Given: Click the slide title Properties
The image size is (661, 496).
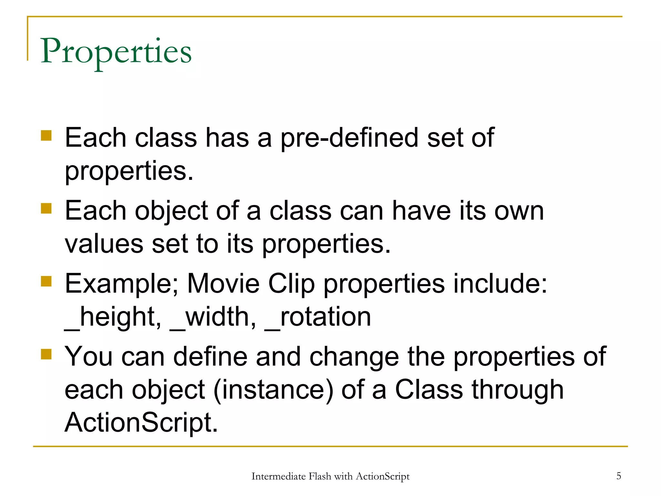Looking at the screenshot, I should click(116, 52).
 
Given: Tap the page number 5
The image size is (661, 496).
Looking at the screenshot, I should click(619, 476).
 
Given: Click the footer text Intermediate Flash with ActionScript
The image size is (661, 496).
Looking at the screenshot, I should click(330, 476).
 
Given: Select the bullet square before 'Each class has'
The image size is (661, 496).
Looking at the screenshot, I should click(46, 136).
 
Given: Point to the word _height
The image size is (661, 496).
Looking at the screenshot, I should click(113, 317).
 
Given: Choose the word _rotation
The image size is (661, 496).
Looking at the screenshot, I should click(318, 317).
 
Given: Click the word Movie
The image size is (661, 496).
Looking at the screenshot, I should click(223, 284).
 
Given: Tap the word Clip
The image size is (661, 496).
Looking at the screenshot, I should click(291, 284).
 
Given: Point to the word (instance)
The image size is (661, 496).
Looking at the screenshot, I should click(273, 390).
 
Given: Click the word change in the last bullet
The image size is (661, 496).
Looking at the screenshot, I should click(354, 357).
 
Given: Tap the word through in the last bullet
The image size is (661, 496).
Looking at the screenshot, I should click(518, 390).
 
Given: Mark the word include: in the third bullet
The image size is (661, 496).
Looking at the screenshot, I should click(500, 284).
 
